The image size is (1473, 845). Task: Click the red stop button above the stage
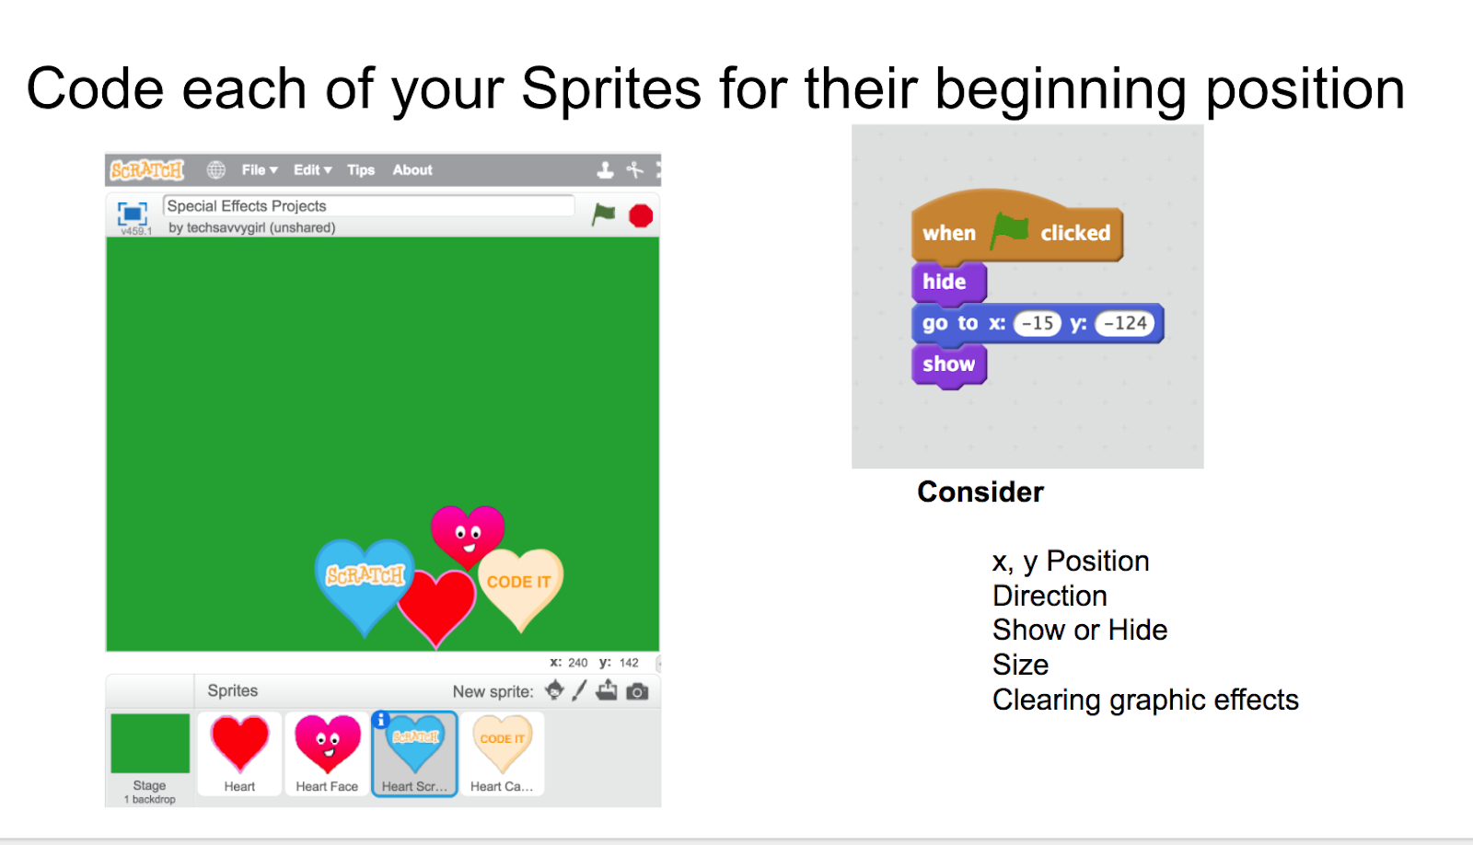click(x=641, y=215)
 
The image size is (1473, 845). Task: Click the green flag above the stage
click(x=603, y=214)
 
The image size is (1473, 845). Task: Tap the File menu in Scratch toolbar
click(x=259, y=169)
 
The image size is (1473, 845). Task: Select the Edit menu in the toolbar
click(x=312, y=169)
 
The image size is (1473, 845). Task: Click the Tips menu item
click(x=361, y=169)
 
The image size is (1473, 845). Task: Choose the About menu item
click(x=412, y=169)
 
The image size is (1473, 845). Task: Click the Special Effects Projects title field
click(x=369, y=206)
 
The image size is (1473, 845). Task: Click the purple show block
click(x=949, y=365)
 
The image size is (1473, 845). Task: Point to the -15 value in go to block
click(x=1037, y=323)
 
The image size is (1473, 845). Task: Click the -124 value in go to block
click(x=1124, y=323)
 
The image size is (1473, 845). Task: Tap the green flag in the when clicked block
click(x=1009, y=230)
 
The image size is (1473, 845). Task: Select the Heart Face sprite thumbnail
click(x=327, y=754)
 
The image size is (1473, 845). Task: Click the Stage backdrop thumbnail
click(x=150, y=757)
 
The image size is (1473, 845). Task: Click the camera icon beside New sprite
click(x=636, y=692)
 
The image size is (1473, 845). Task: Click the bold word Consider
click(x=980, y=492)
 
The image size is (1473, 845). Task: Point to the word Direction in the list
click(x=1050, y=596)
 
